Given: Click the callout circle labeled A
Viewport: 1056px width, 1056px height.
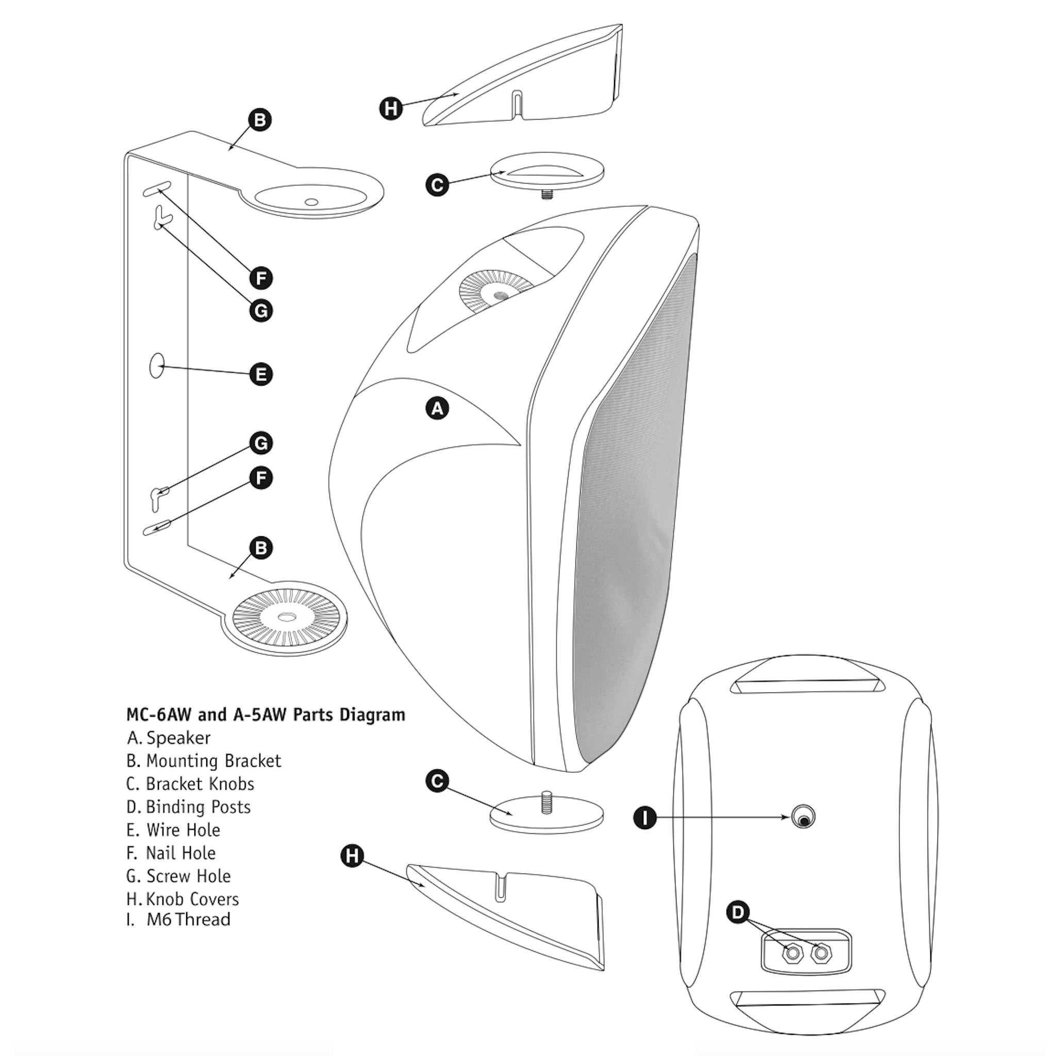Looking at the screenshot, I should pos(437,408).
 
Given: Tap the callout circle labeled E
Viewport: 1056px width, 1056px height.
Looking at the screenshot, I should pos(261,374).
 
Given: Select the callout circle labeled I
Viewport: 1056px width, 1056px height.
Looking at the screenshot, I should pos(645,818).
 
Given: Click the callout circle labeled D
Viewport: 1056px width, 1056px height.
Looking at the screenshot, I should pos(738,912).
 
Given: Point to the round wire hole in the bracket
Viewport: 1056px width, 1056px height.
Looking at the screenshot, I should pos(157,366).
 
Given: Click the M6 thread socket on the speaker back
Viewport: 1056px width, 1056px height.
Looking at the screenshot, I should pos(803,818).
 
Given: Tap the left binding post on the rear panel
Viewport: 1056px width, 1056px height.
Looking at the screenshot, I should pos(792,954).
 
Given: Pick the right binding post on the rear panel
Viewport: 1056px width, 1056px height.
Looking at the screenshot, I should pos(820,954).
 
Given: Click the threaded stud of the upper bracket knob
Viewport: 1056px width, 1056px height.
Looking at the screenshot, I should pos(547,193).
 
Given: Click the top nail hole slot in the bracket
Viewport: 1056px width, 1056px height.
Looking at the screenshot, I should pos(157,189).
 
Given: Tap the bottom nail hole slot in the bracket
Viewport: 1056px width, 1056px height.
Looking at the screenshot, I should pos(157,527).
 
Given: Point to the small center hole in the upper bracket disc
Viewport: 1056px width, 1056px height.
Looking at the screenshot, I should pos(311,202).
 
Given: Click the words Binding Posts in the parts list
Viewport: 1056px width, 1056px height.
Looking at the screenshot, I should pos(198,807).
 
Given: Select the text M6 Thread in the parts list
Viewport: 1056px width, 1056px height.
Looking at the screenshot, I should pos(188,919).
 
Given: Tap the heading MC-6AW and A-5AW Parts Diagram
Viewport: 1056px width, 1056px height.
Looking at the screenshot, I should pos(266,714).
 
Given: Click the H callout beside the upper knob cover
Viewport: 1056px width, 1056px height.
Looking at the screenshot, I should pos(391,108).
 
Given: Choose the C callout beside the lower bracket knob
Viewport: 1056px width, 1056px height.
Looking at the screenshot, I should pos(437,781).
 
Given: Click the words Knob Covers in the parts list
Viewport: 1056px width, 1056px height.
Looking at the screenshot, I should pos(192,899).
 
